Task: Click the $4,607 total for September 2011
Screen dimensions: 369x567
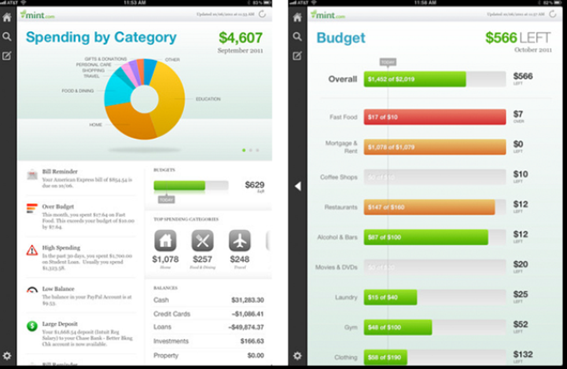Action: (x=241, y=38)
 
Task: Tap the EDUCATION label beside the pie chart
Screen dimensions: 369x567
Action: (x=208, y=99)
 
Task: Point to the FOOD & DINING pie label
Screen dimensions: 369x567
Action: (x=78, y=91)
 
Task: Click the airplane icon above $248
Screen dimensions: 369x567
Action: (x=240, y=240)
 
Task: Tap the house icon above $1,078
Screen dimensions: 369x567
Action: (x=165, y=240)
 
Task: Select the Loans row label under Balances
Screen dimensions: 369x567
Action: (x=162, y=327)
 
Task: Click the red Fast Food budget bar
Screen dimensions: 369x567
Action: (x=435, y=117)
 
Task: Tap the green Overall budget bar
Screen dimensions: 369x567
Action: (x=414, y=79)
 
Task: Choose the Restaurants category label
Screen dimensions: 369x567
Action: (x=341, y=207)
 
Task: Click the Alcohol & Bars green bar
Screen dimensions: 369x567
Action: (x=425, y=238)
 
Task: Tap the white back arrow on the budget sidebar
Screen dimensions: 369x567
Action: (x=297, y=186)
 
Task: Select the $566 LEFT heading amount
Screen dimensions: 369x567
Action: (x=501, y=38)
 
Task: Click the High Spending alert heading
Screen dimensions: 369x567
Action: (x=62, y=248)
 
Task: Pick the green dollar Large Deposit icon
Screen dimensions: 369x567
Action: (x=32, y=326)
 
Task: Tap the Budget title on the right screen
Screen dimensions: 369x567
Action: (x=341, y=38)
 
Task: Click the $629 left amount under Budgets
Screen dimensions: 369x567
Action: (x=255, y=185)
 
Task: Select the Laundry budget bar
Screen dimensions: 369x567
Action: (x=390, y=298)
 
